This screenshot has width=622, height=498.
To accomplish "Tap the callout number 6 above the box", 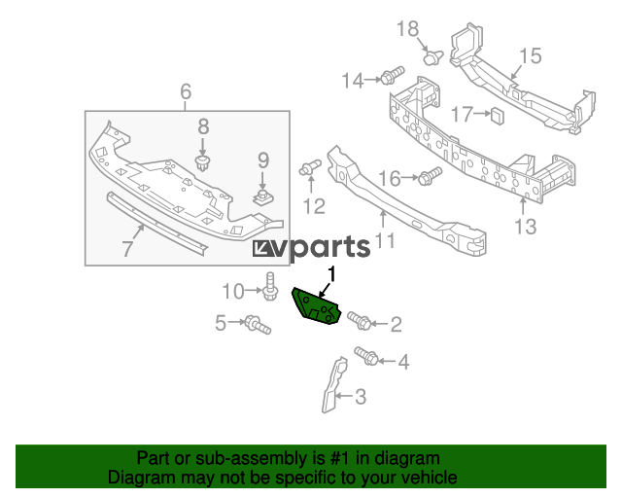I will point(186,93).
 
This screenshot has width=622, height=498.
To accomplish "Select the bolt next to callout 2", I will point(357,320).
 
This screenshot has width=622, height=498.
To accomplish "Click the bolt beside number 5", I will point(256,323).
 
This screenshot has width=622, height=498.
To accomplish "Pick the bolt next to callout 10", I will point(270,288).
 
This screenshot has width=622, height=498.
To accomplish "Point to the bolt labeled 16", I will point(430,176).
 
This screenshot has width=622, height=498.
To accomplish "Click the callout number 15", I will point(529,56).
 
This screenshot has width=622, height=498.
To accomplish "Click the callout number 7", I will point(128,248).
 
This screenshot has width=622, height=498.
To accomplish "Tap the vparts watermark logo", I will point(311,247).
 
